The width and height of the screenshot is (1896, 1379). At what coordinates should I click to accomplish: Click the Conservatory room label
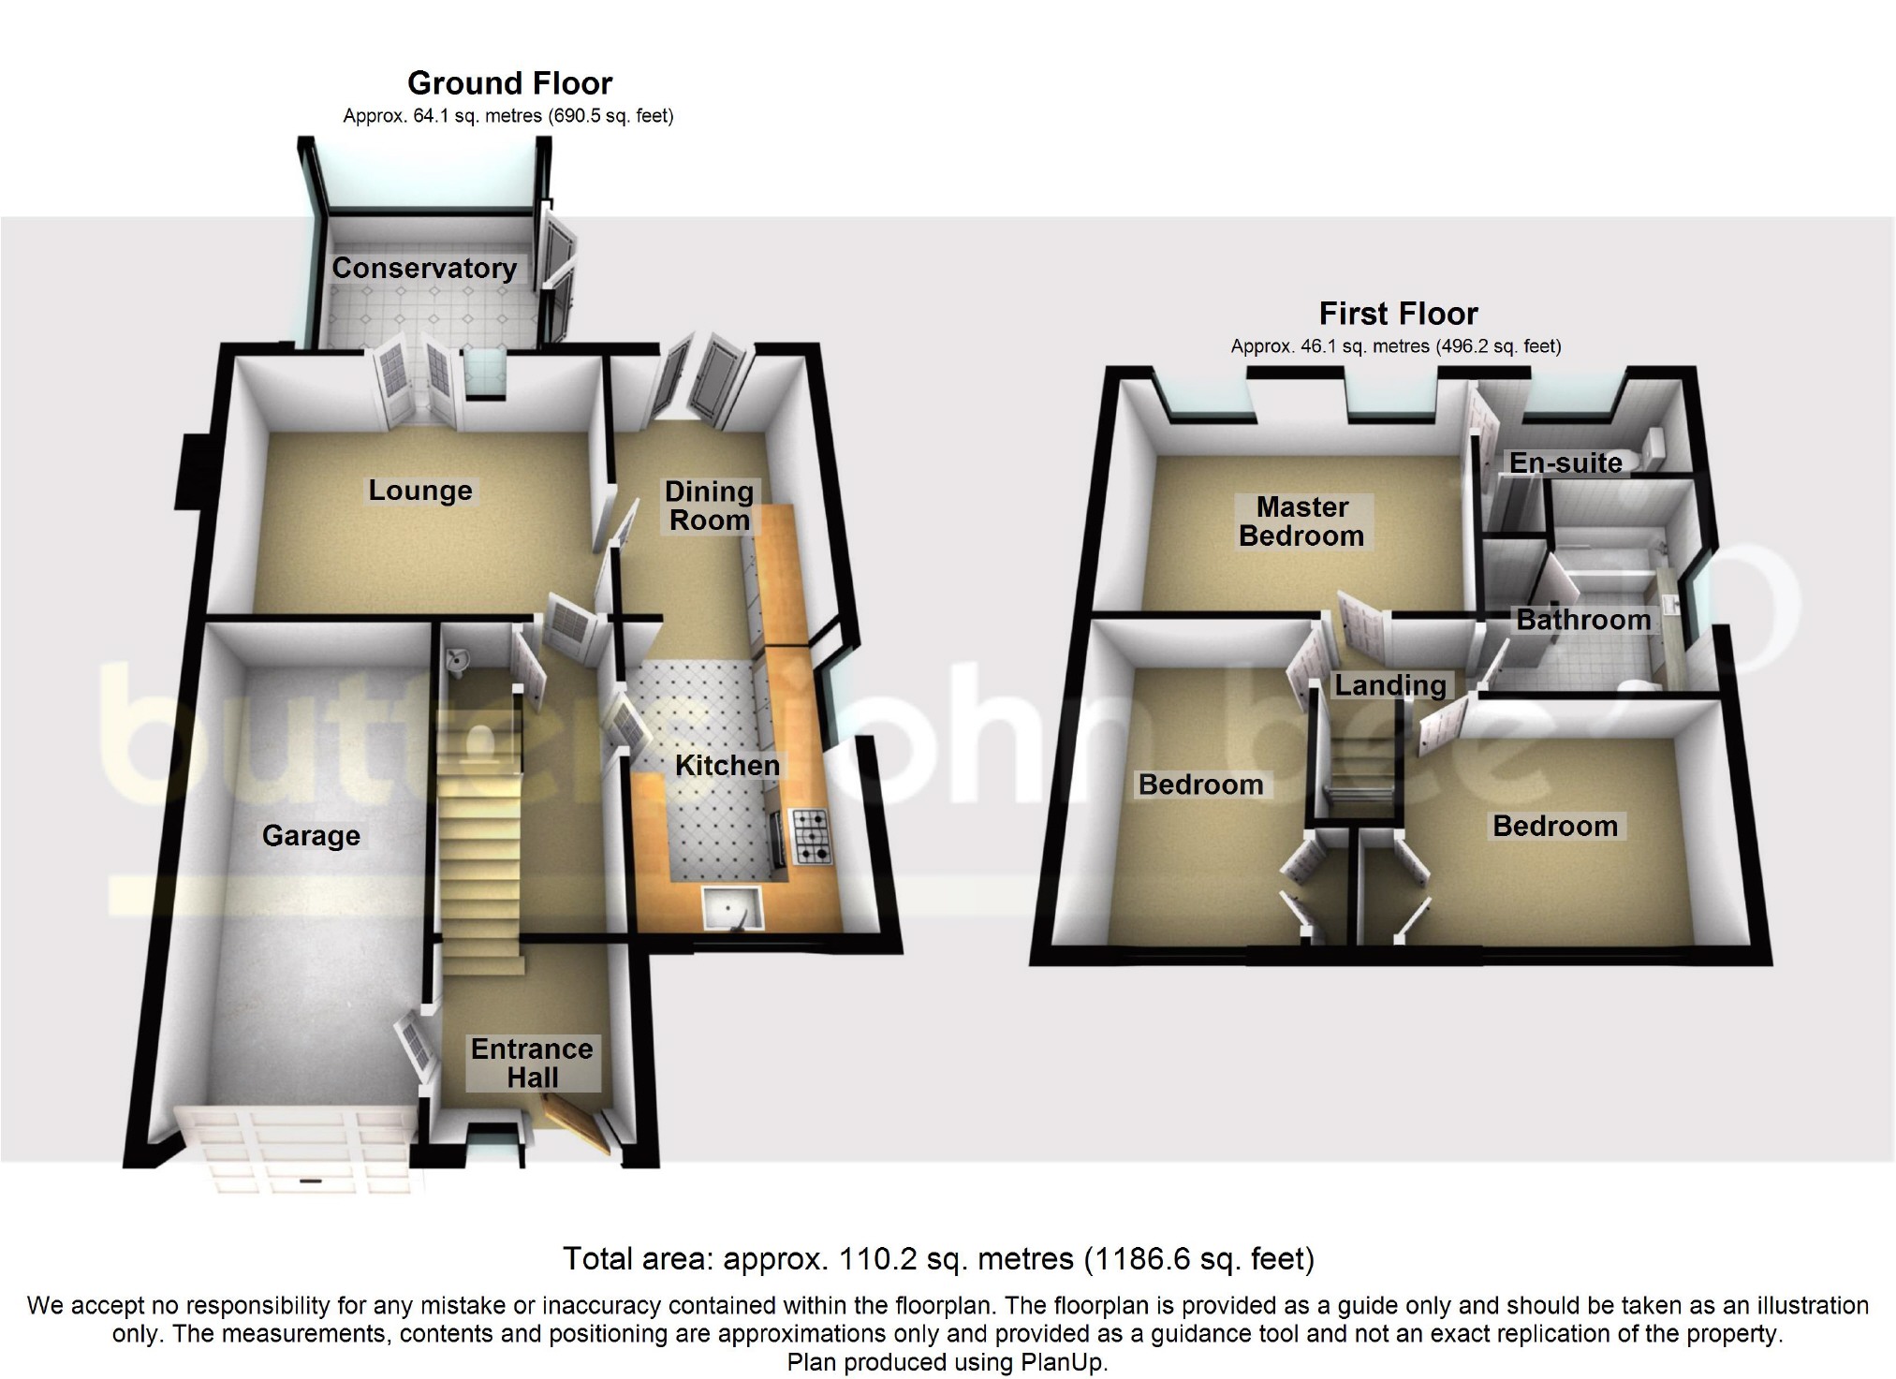424,269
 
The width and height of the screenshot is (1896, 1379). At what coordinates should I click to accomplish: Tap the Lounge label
419,491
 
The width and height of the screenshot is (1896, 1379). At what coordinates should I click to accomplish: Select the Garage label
311,836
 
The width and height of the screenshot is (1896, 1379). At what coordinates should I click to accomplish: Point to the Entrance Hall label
532,1064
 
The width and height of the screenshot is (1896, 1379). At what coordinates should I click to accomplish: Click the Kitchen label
727,766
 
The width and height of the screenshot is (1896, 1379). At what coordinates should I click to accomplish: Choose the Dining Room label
709,506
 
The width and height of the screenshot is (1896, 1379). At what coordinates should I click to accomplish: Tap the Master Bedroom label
1301,521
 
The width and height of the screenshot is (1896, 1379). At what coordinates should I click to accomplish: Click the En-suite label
1565,462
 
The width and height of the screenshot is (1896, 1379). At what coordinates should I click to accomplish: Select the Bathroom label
1583,620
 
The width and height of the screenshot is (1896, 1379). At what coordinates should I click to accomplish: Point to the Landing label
1390,685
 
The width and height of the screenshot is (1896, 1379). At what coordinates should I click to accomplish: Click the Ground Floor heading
509,84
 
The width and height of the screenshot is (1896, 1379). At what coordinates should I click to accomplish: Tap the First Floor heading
1398,314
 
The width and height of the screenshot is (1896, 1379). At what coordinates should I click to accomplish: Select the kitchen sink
732,908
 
